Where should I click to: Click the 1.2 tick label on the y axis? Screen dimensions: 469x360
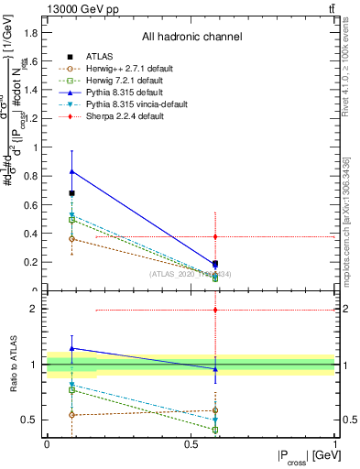[33, 118]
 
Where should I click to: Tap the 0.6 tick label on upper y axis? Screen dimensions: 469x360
[33, 204]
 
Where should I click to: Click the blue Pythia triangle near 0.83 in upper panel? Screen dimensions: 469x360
[72, 171]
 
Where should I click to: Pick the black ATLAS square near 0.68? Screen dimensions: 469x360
[72, 193]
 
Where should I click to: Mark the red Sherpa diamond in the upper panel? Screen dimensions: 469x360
[215, 236]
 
